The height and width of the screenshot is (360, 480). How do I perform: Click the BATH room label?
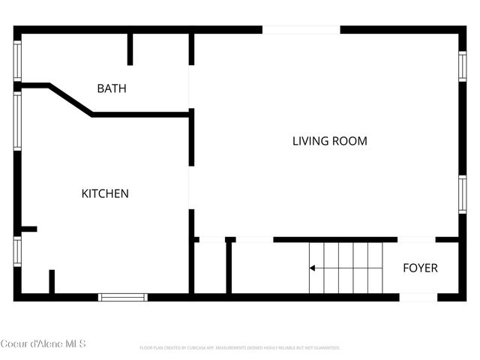pos(112,88)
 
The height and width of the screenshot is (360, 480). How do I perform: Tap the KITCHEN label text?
pos(105,193)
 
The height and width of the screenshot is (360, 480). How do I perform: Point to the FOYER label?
pos(420,268)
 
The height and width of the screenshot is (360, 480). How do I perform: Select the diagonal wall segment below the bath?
pos(70,100)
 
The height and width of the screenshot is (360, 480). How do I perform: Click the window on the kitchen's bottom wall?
pos(123,297)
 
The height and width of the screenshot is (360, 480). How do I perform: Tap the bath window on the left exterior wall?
pos(17,59)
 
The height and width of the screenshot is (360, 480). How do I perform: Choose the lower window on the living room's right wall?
pos(462,193)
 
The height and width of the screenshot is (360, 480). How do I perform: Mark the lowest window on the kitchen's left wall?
pos(17,251)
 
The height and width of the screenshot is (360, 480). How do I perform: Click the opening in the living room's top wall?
pos(301,30)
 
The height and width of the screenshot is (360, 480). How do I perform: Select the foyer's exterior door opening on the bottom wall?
pos(418,297)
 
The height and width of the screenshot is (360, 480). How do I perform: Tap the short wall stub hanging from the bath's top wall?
pos(130,49)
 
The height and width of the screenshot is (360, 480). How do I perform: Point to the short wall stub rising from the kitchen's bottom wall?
pos(52,282)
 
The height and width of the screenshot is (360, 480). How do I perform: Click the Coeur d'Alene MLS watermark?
pos(43,344)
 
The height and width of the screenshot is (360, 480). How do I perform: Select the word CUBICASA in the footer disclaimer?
pos(194,348)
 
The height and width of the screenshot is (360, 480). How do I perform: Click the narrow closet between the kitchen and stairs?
pos(210,268)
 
